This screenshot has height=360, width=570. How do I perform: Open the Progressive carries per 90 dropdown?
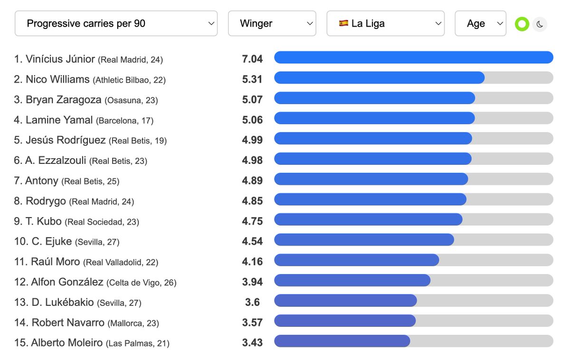click(x=116, y=23)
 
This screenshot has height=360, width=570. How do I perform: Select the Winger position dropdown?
click(x=272, y=23)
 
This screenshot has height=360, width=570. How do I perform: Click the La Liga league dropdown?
click(x=385, y=23)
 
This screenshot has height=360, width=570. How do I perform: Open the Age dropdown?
click(x=480, y=23)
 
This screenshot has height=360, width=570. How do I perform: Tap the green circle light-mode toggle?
click(x=522, y=24)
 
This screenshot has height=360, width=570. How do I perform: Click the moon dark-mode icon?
click(x=540, y=24)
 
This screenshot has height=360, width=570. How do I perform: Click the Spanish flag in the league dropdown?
click(x=343, y=23)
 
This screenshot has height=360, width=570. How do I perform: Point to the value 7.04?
click(x=252, y=59)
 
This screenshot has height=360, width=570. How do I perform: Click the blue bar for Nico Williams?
click(x=379, y=78)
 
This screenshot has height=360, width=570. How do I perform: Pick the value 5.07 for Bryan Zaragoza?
click(x=252, y=100)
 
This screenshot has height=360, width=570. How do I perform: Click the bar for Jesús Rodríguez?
click(x=373, y=138)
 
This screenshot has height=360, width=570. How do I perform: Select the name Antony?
click(x=42, y=180)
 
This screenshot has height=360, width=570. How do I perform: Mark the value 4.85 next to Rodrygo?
click(x=252, y=201)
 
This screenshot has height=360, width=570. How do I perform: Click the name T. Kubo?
click(x=44, y=221)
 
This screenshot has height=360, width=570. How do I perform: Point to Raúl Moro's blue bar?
click(x=356, y=260)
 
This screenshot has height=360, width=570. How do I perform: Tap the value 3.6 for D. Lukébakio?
click(x=252, y=302)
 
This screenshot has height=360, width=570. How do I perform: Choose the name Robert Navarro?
click(x=68, y=322)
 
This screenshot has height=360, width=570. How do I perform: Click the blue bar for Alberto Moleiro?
click(x=342, y=341)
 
